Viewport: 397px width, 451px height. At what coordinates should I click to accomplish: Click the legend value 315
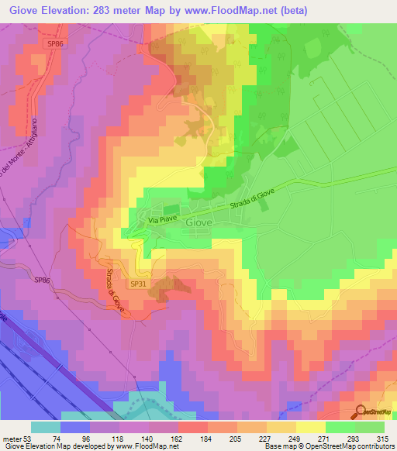pos(385,438)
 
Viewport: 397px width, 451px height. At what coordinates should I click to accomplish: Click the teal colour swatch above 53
pos(46,427)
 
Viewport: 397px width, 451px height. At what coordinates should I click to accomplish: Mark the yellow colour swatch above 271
pos(310,427)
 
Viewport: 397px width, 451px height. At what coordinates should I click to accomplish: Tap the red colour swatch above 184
pos(192,427)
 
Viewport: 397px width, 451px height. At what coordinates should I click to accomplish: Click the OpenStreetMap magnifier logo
pos(361,412)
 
